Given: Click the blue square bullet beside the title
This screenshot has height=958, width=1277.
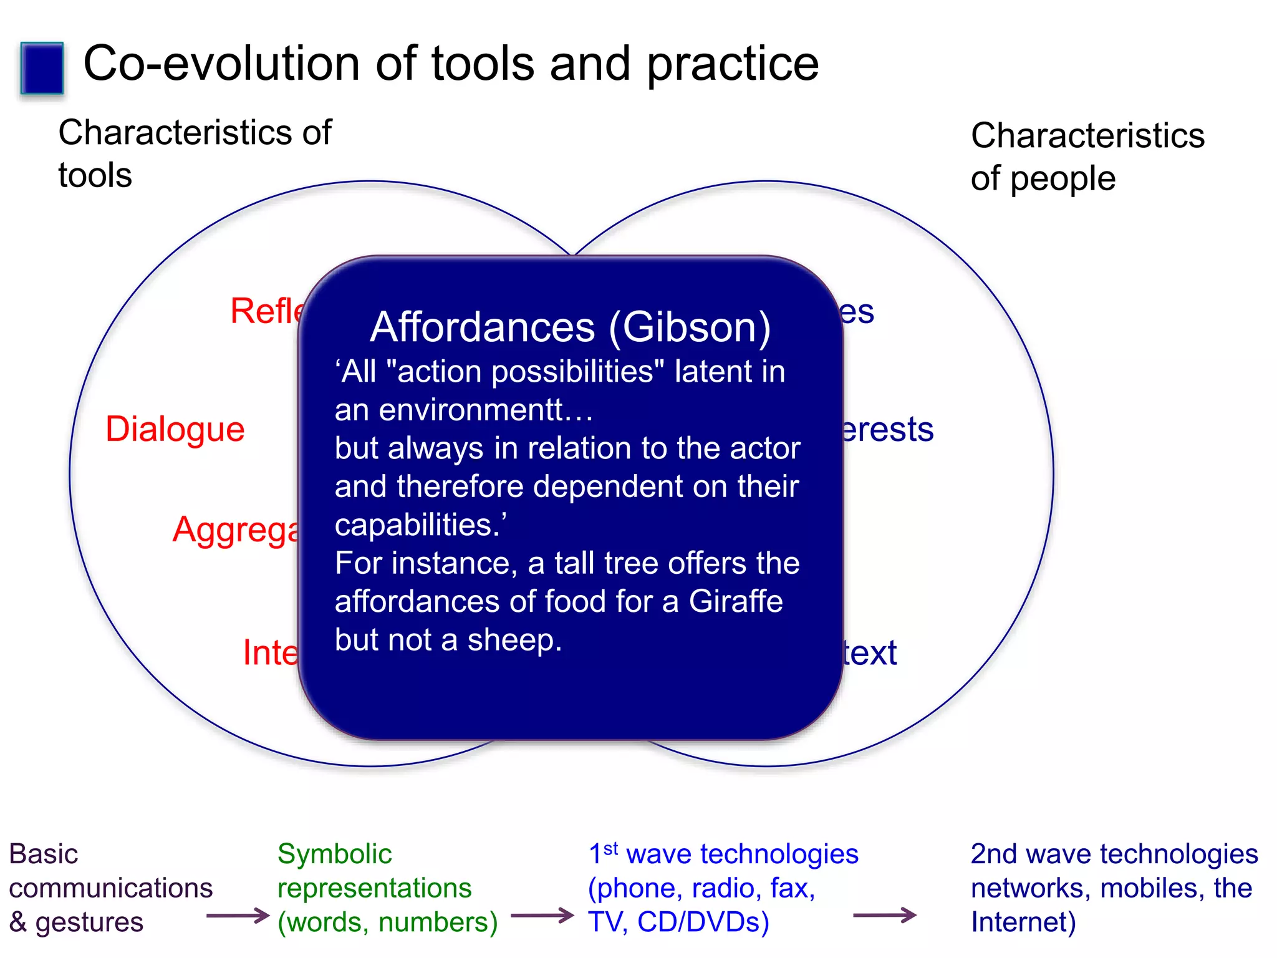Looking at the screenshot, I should (x=42, y=68).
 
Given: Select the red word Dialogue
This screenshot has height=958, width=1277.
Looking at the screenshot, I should (x=175, y=430).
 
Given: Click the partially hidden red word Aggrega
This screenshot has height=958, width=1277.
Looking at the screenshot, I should (x=236, y=531).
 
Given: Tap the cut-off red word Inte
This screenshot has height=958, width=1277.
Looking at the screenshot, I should (x=269, y=652).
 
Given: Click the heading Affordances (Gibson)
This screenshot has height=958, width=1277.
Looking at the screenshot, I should (x=570, y=327).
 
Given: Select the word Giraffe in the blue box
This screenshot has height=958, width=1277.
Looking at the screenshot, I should (x=736, y=602).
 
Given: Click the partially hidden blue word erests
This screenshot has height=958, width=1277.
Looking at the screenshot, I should (x=887, y=430).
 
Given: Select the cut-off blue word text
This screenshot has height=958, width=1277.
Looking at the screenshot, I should (x=869, y=653).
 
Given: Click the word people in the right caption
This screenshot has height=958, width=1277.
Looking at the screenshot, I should (x=1063, y=179).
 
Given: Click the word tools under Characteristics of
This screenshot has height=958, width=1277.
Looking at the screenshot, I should (x=95, y=175).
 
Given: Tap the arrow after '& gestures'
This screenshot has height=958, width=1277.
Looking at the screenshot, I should (x=237, y=916).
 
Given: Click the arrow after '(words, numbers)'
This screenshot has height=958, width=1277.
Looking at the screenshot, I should (x=542, y=916).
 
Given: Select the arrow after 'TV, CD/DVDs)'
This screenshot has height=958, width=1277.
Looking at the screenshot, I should (x=884, y=916).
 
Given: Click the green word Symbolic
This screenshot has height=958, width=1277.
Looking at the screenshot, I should (x=334, y=854).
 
